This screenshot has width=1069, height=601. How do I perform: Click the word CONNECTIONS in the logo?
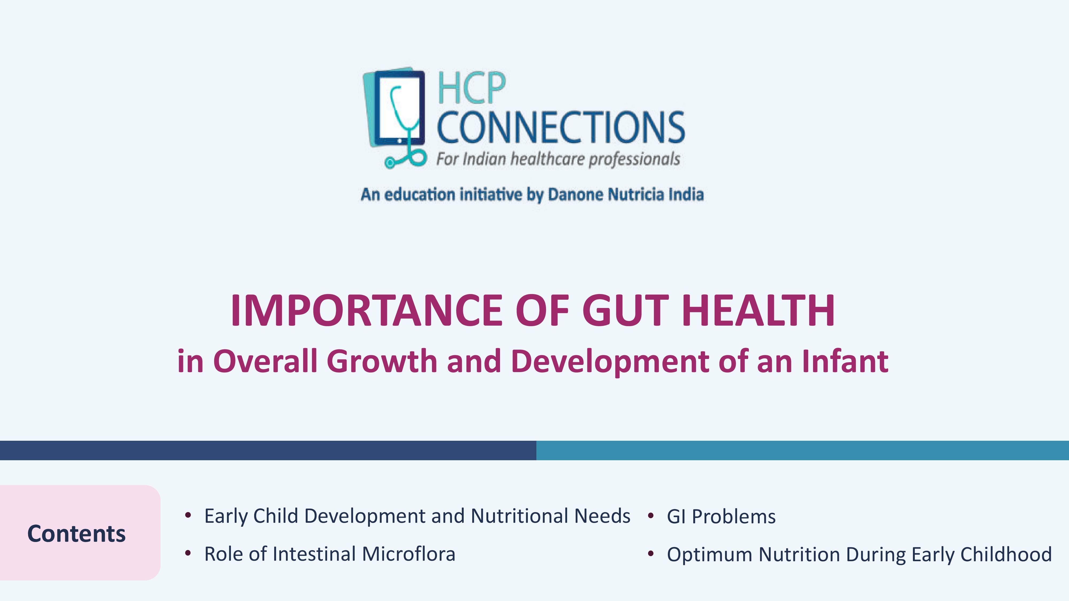(x=561, y=127)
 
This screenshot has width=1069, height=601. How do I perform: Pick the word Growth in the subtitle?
(x=382, y=361)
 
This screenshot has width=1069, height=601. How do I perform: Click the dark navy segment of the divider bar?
(x=268, y=450)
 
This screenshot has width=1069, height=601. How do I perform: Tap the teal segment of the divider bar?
(x=803, y=450)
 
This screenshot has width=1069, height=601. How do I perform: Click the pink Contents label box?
(x=80, y=533)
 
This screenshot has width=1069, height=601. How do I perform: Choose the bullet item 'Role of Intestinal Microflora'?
(x=330, y=554)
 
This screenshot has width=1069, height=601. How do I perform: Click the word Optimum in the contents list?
(x=710, y=555)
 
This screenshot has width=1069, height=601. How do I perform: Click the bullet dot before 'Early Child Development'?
(x=188, y=516)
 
